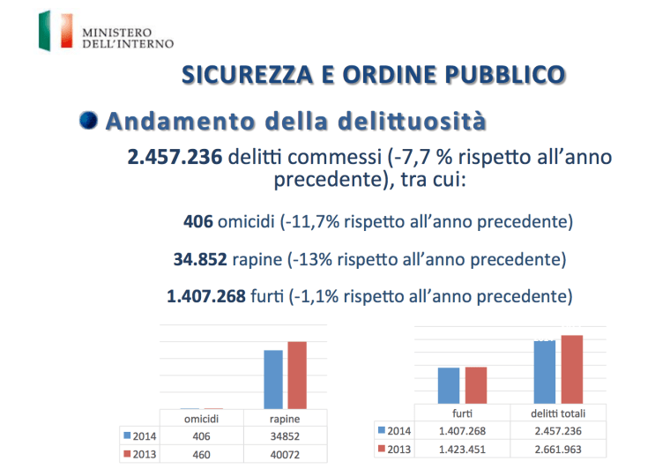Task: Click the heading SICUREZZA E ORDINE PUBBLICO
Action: [x=371, y=74]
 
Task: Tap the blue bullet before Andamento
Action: [x=88, y=120]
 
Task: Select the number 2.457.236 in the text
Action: [x=175, y=158]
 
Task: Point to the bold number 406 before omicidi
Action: [x=197, y=220]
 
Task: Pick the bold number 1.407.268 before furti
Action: [x=206, y=296]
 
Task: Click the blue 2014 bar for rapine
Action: [x=273, y=379]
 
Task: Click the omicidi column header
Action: [x=200, y=419]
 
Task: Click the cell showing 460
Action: [x=200, y=454]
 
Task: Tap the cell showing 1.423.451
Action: [x=462, y=449]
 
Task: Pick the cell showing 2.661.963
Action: [x=558, y=449]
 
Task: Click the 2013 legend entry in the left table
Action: [x=139, y=454]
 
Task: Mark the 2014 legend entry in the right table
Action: [x=395, y=431]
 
